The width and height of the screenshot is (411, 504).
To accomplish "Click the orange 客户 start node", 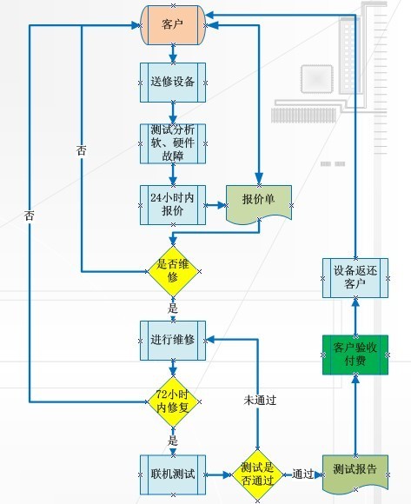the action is (173, 24).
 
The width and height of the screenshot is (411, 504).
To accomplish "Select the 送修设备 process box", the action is (173, 83).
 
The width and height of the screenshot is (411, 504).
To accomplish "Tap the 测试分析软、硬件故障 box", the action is (173, 143).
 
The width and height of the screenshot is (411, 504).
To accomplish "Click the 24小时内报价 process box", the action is (173, 205).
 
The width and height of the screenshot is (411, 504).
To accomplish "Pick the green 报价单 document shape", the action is (259, 204).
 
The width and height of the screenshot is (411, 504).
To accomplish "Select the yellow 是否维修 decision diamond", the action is (173, 272).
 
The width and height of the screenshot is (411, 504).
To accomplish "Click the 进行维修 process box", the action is (173, 341).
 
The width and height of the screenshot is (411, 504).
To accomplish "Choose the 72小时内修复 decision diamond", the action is (173, 401).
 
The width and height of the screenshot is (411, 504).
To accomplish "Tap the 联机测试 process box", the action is (173, 474).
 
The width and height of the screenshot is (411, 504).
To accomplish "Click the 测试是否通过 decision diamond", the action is (257, 474).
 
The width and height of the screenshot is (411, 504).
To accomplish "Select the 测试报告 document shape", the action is (355, 473).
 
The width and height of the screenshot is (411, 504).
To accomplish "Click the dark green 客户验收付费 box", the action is (355, 355).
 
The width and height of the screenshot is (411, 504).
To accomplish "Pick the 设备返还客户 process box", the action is (355, 278).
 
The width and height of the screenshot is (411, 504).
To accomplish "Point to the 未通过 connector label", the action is (260, 401).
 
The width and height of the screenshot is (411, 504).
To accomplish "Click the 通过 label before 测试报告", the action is (302, 474).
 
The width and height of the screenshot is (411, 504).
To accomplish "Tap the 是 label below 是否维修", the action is (173, 308).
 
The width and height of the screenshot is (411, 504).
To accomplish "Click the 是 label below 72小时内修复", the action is (173, 441).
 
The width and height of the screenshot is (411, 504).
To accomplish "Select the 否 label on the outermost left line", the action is (29, 216).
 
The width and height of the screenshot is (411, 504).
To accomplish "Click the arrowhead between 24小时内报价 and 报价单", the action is (222, 205).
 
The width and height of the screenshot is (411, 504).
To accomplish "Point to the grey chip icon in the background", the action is (316, 78).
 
